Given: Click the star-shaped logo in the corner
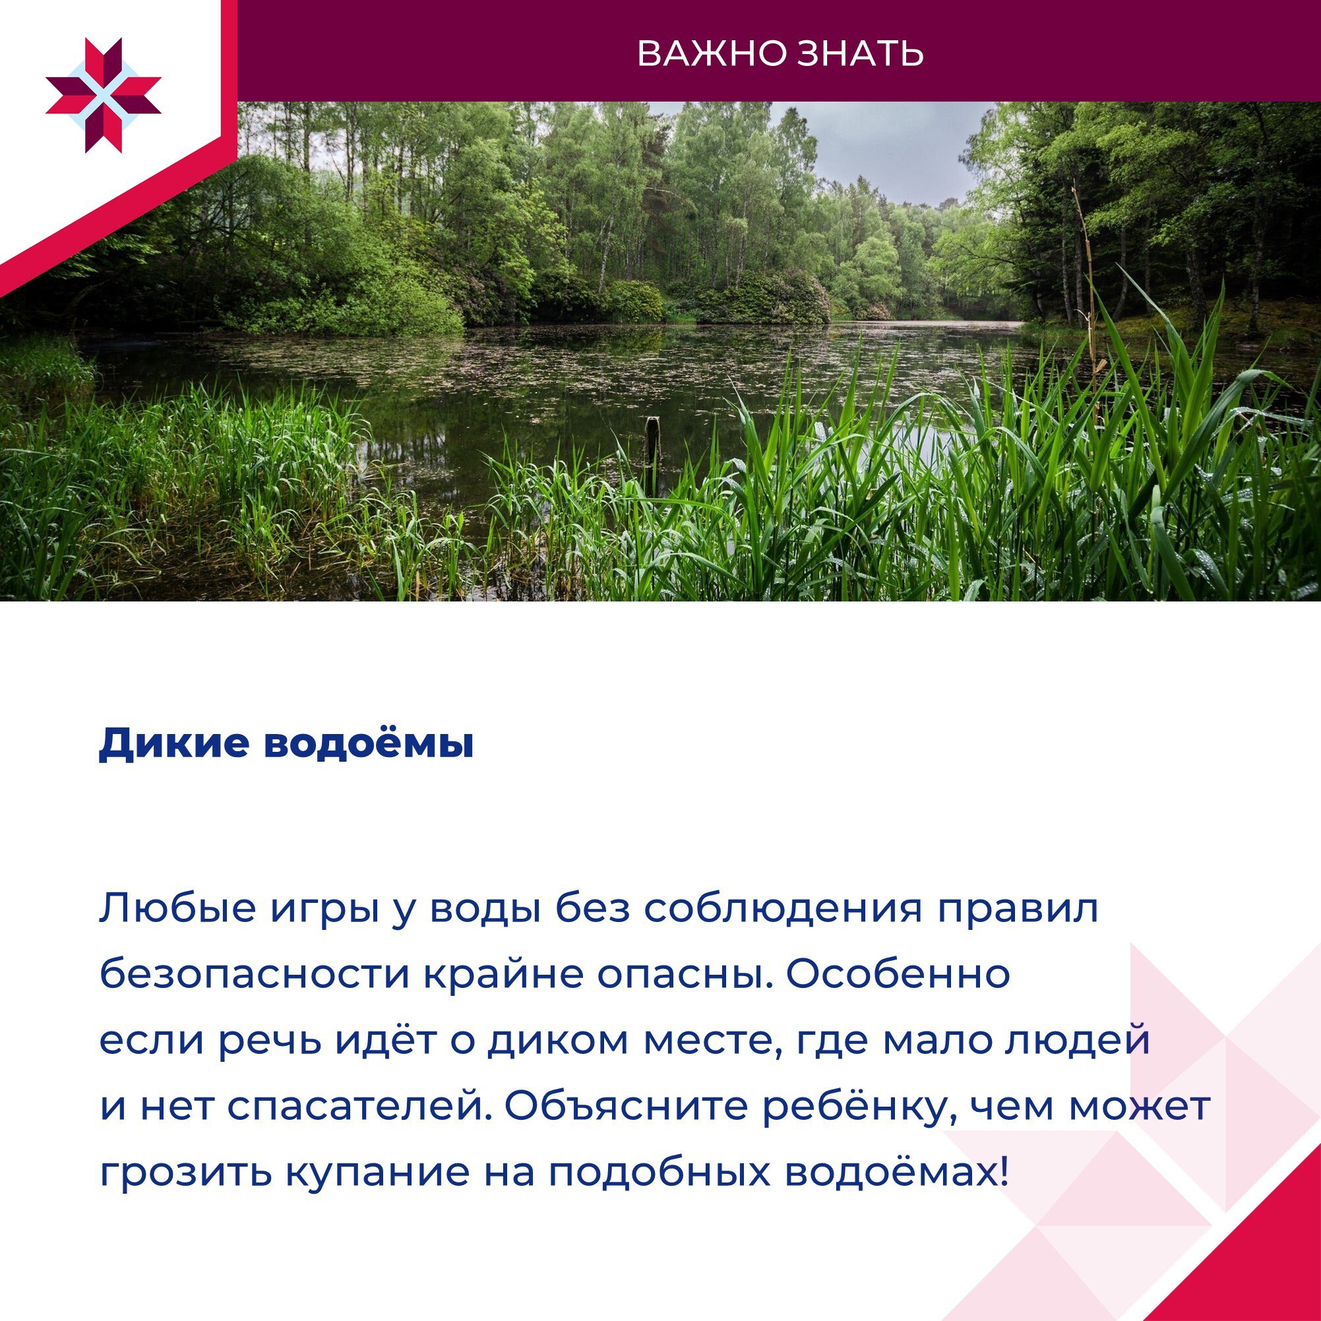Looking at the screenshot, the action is pos(104,95).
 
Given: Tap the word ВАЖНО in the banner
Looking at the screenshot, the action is pos(711,53).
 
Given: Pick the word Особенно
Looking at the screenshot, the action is pos(898,975).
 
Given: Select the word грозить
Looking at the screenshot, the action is pos(185,1174).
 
